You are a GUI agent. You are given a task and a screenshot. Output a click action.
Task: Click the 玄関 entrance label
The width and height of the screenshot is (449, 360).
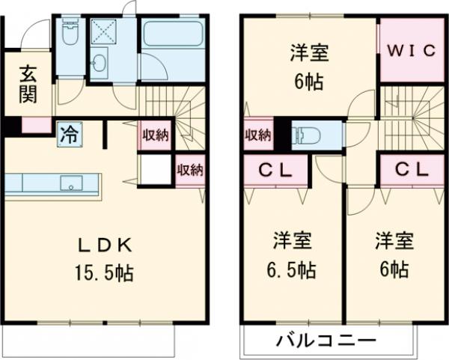coord(27,85)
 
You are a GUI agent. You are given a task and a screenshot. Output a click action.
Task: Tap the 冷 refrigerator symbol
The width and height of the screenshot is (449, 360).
coord(68,135)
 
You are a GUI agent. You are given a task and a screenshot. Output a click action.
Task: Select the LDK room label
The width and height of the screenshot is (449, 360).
coord(106,245)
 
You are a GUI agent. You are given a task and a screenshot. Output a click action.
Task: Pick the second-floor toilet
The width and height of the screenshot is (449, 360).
coord(309,136)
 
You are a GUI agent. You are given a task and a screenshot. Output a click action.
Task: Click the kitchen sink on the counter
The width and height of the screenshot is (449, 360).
coord(73,182)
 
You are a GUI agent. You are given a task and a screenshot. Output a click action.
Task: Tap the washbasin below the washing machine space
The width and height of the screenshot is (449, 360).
coord(100,64)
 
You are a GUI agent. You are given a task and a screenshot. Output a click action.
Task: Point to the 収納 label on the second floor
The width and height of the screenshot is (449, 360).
coord(257,135)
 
